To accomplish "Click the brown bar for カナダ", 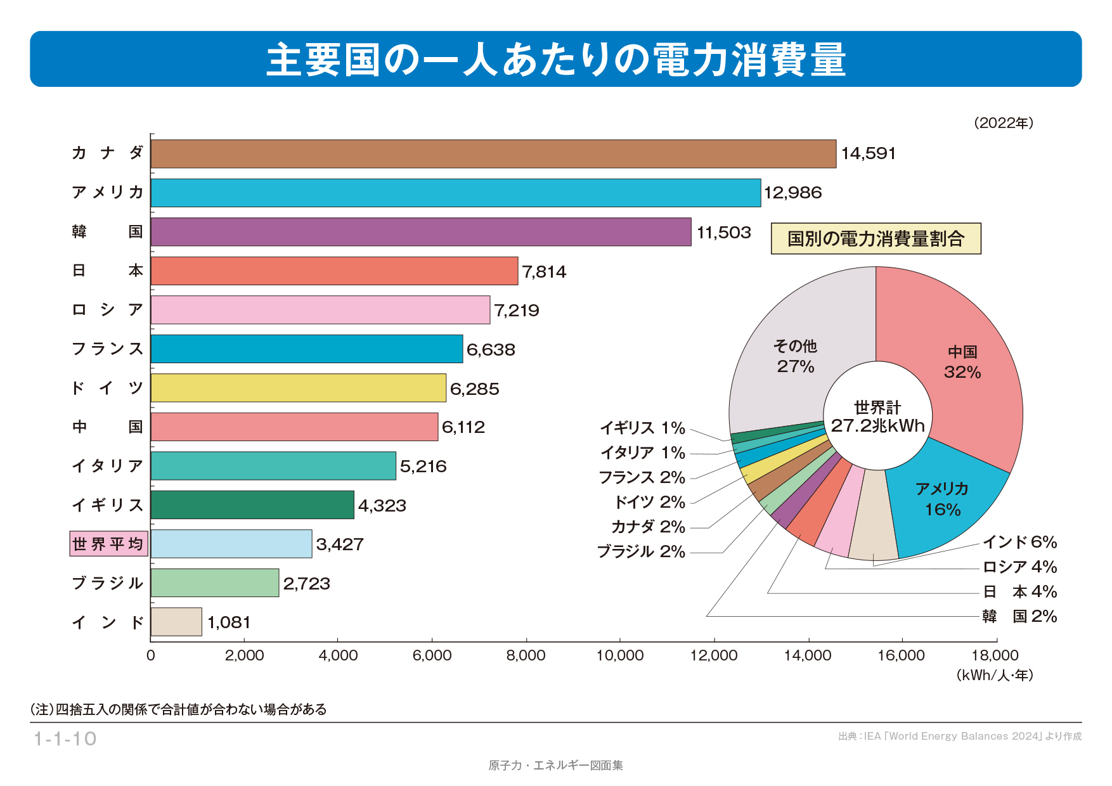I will [493, 154].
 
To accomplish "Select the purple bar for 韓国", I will [421, 232].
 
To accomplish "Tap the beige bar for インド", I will [176, 622].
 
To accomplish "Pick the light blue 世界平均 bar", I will [231, 544].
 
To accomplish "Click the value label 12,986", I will [792, 193].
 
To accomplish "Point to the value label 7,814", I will [544, 272].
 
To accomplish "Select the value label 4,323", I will [382, 506].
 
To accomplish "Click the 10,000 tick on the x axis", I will [620, 655].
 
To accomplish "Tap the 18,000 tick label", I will [995, 655].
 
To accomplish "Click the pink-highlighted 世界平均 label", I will [108, 544].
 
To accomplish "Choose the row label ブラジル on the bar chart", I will [108, 583].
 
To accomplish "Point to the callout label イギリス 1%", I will [642, 428].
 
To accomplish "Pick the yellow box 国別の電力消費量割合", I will [876, 239].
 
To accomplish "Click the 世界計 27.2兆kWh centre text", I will [877, 416].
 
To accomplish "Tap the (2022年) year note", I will [1004, 123].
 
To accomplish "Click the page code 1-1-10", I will [65, 739].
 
